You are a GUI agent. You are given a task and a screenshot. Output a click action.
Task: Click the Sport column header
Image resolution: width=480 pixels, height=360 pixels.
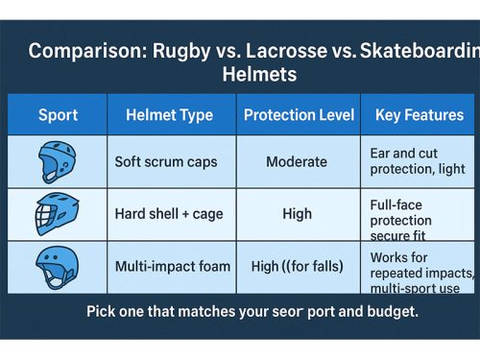click(58, 115)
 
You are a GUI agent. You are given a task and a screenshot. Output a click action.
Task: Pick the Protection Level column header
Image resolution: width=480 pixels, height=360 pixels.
click(299, 115)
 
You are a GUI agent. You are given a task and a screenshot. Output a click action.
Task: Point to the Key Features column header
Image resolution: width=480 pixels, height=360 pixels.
click(419, 115)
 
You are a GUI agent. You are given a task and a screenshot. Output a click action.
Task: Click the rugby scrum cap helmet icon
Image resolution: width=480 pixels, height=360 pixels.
click(57, 162)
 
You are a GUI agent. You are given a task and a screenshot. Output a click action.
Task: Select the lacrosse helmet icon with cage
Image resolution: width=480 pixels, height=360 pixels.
click(57, 213)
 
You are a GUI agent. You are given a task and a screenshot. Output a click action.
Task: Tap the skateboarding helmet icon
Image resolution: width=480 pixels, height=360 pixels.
click(57, 266)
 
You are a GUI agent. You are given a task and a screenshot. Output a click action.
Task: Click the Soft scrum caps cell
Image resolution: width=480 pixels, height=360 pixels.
click(165, 162)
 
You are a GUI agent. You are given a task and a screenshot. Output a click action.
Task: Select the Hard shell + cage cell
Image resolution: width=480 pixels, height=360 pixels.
click(167, 214)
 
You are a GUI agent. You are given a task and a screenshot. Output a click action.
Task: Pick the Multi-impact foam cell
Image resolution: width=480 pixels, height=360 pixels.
click(172, 266)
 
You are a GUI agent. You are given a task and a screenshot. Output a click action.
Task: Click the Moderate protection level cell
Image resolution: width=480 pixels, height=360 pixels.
click(298, 162)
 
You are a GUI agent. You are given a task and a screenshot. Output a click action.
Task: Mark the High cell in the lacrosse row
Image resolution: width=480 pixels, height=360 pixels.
click(298, 214)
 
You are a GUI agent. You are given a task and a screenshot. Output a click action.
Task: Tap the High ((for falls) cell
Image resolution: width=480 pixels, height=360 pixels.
click(298, 266)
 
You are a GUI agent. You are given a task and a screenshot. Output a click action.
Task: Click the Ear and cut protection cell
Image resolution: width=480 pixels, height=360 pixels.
click(417, 160)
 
